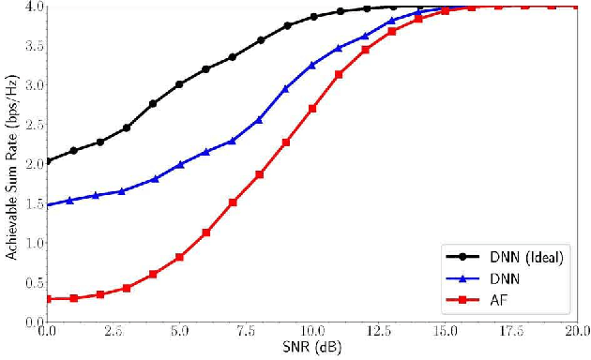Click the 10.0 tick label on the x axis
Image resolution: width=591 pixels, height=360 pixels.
[313, 332]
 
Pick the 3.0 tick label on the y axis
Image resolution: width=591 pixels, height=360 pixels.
[28, 84]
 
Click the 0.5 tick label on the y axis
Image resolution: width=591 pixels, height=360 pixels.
[28, 282]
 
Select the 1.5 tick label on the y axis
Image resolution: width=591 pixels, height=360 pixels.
[28, 203]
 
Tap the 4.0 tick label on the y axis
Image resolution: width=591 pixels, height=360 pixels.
[28, 7]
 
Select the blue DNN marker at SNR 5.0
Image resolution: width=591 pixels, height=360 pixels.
[180, 164]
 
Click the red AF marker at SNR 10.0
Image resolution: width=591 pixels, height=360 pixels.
[313, 109]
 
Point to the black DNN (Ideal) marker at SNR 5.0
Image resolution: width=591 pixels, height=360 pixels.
[180, 84]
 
